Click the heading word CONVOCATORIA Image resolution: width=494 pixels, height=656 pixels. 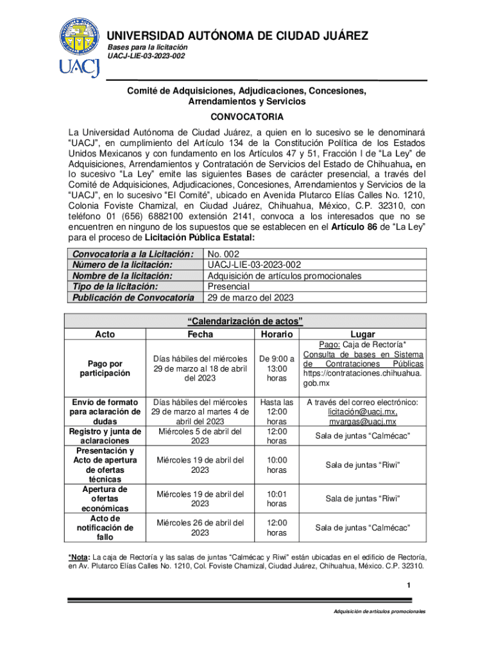[246, 118]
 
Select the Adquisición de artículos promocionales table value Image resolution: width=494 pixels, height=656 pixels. [285, 275]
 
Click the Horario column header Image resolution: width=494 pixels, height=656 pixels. [277, 334]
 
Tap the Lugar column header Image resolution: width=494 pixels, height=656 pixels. [362, 334]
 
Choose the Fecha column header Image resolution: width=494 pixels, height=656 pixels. [200, 334]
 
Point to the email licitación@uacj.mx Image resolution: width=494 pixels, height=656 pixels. [362, 412]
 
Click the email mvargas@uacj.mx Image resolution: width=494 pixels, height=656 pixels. [362, 422]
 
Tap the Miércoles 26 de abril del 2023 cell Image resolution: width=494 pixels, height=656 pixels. [200, 527]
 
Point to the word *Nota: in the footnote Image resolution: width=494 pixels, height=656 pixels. [80, 557]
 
